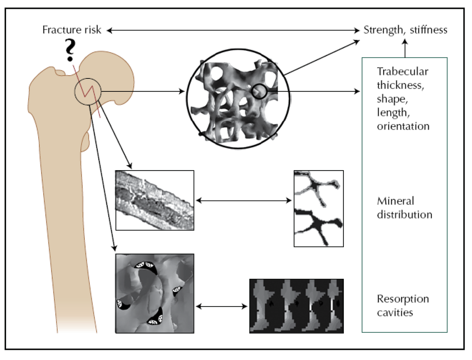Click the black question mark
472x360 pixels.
pos(70,51)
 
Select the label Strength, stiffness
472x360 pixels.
pos(405,30)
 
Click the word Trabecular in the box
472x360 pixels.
pos(402,71)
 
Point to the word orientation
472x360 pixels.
pos(403,126)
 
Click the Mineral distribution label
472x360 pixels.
pos(404,208)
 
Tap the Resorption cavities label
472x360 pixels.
pos(402,306)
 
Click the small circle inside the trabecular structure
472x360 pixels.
pos(259,91)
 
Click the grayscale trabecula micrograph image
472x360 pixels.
pos(154,200)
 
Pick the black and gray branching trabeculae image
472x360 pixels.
pos(319,208)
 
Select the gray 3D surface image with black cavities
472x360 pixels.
pos(154,293)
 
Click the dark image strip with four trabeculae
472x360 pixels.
pos(296,306)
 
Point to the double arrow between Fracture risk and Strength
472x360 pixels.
pos(233,30)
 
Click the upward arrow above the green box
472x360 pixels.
pos(405,48)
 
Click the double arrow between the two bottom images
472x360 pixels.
pos(221,306)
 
